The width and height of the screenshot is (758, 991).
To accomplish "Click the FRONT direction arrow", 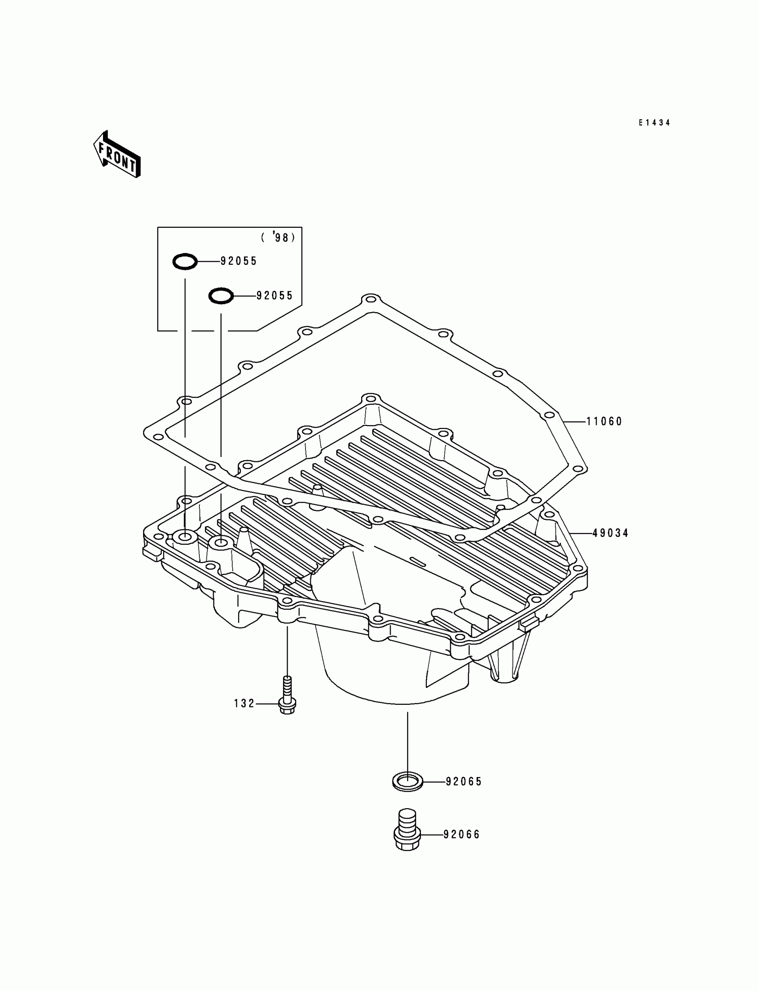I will (x=117, y=154).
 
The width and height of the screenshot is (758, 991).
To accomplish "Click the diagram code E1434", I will (x=654, y=123).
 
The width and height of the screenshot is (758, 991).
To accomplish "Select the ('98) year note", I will (x=278, y=237).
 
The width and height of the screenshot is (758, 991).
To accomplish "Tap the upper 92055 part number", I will (x=238, y=261).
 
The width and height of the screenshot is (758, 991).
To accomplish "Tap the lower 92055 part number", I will (x=274, y=296).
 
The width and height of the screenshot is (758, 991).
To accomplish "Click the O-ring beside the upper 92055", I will (x=185, y=262).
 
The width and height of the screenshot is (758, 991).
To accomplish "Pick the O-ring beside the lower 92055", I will (x=221, y=296).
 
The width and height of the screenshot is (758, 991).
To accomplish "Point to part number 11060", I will (x=604, y=422).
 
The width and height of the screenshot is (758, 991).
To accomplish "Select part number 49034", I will (x=610, y=534).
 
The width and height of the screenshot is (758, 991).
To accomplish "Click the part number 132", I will (x=244, y=703).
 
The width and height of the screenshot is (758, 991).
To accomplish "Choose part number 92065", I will (x=464, y=782).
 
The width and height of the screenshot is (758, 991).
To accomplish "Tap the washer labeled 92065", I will (x=408, y=781).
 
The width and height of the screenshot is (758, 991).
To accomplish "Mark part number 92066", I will (x=461, y=835).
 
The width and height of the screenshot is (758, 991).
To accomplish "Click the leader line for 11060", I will (x=574, y=422).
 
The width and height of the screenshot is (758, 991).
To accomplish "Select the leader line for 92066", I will (x=431, y=835).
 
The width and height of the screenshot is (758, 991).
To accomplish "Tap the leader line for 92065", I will (x=434, y=782).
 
